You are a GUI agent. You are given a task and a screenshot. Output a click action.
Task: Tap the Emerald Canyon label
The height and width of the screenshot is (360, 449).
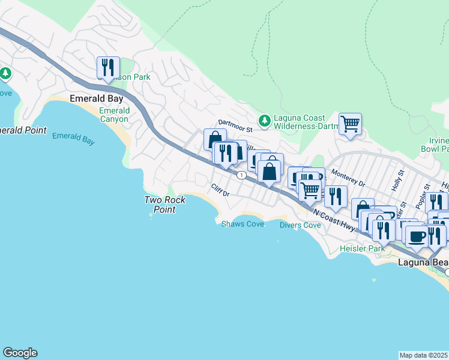[114, 115]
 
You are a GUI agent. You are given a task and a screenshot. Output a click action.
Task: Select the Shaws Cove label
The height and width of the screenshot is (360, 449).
[243, 224]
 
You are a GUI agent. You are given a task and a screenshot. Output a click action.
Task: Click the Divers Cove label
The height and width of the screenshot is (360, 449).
[300, 225]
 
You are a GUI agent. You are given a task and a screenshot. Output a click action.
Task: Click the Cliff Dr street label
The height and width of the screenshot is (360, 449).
[221, 190]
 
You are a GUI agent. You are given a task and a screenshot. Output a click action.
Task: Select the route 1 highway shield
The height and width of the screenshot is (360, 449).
[241, 175]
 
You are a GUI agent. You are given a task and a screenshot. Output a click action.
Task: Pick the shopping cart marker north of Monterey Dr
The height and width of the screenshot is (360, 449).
[350, 124]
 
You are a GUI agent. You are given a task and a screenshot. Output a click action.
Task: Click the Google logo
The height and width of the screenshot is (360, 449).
[20, 353]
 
